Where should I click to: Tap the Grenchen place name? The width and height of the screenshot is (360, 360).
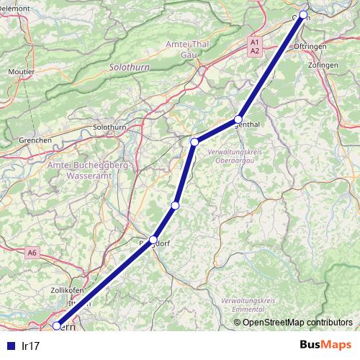point(16,139)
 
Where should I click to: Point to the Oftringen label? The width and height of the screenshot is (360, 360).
point(310,46)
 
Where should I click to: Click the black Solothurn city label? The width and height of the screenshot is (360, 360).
point(110,127)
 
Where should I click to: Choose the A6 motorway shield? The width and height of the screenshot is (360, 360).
point(32,253)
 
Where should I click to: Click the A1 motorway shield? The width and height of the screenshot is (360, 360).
point(255,42)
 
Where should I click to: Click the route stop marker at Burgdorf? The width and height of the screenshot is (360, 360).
point(153,240)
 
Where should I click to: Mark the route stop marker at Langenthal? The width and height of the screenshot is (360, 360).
point(238,120)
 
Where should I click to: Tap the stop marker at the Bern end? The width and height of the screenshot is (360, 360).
point(57,325)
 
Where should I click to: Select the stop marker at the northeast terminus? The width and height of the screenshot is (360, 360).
point(303,15)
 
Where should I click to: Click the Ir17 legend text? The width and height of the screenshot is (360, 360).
point(31,346)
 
